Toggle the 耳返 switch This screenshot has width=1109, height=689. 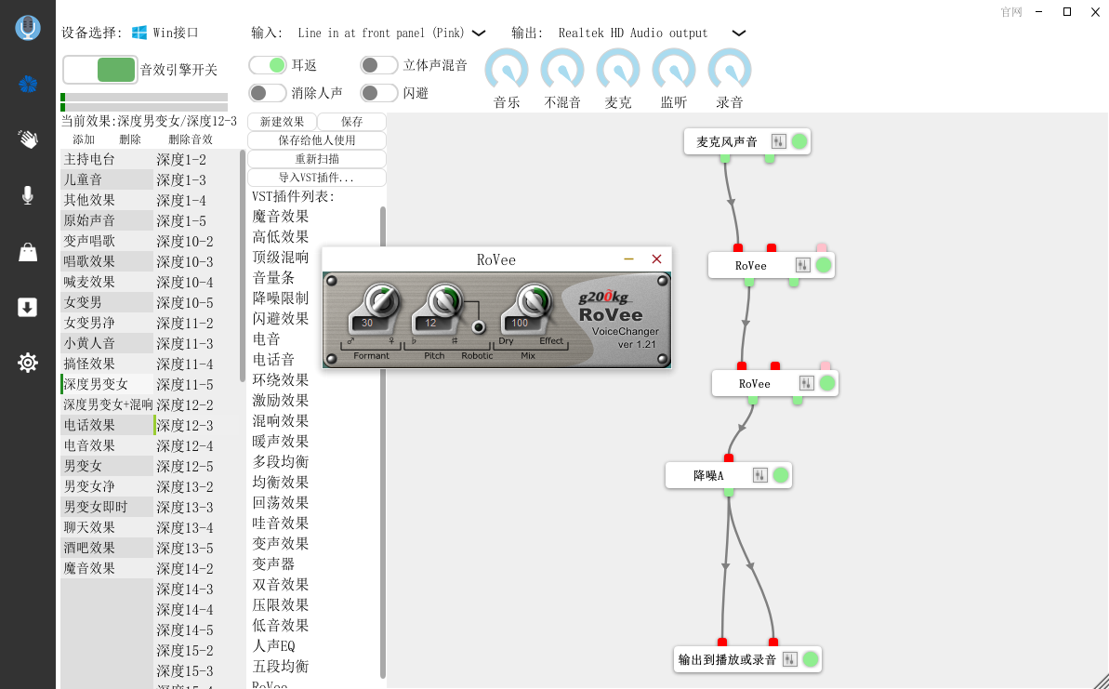268,65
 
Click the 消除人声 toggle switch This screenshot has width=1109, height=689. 268,93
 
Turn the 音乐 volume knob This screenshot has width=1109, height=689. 507,70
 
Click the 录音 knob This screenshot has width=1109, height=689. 729,70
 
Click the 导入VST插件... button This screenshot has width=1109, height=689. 317,178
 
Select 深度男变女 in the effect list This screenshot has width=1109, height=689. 96,384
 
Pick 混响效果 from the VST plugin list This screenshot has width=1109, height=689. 281,421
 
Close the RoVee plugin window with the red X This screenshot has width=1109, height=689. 656,258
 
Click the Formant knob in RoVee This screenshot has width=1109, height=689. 381,300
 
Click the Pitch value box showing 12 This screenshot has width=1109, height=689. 430,323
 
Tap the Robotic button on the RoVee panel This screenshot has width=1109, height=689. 479,326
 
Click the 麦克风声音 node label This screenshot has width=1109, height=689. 726,141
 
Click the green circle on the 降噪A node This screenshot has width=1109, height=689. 781,475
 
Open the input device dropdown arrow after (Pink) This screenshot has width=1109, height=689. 479,33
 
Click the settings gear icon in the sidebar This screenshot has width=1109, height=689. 28,363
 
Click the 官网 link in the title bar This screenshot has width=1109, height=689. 1011,12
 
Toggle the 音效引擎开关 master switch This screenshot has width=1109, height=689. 99,70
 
